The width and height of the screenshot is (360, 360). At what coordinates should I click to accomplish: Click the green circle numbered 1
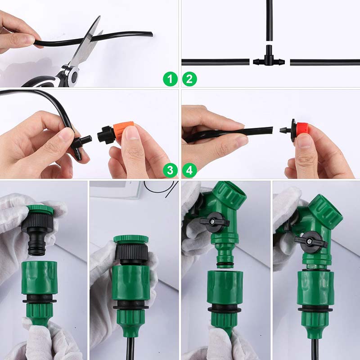[170, 80]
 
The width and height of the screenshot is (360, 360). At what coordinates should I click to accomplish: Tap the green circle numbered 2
[189, 80]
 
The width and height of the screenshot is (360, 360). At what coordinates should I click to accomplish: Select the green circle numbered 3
[170, 170]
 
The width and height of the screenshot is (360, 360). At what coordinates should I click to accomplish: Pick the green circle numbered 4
[189, 170]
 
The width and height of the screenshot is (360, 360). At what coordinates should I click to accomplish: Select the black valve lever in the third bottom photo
[215, 222]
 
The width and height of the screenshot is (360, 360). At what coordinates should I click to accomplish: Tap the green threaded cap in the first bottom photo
[40, 210]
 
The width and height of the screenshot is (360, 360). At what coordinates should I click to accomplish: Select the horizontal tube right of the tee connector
[324, 62]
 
